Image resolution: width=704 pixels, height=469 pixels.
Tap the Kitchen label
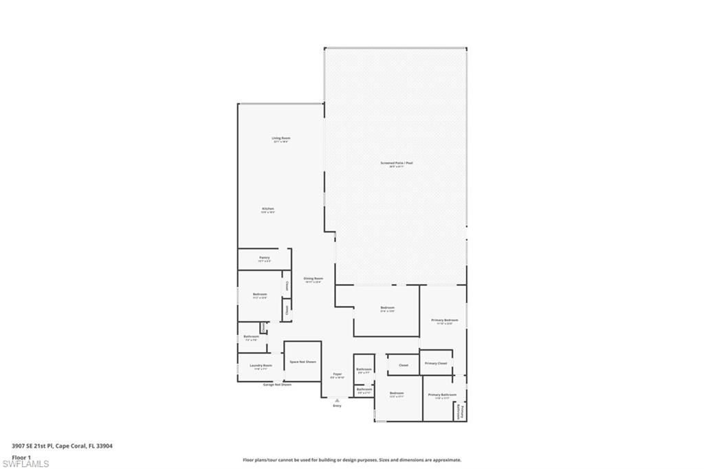(x=268, y=210)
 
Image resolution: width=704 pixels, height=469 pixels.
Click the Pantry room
(x=264, y=259)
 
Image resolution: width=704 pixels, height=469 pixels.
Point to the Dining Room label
(x=313, y=279)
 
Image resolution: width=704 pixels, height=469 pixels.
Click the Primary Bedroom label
(x=444, y=321)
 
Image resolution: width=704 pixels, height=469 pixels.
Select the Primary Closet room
(x=436, y=363)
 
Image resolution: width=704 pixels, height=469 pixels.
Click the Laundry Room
(x=261, y=367)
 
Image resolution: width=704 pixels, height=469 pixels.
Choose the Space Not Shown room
(x=302, y=362)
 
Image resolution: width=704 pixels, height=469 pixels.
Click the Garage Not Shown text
(x=277, y=384)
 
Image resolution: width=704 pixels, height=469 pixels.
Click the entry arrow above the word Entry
(x=337, y=399)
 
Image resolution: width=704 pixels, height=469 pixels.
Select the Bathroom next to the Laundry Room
(x=251, y=338)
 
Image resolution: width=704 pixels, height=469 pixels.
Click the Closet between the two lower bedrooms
(x=404, y=365)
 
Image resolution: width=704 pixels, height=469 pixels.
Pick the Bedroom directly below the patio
(x=388, y=309)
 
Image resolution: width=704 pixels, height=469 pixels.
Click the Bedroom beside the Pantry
(x=259, y=295)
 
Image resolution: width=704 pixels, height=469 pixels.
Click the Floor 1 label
(x=21, y=457)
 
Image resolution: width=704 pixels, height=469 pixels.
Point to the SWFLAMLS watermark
(x=25, y=464)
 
